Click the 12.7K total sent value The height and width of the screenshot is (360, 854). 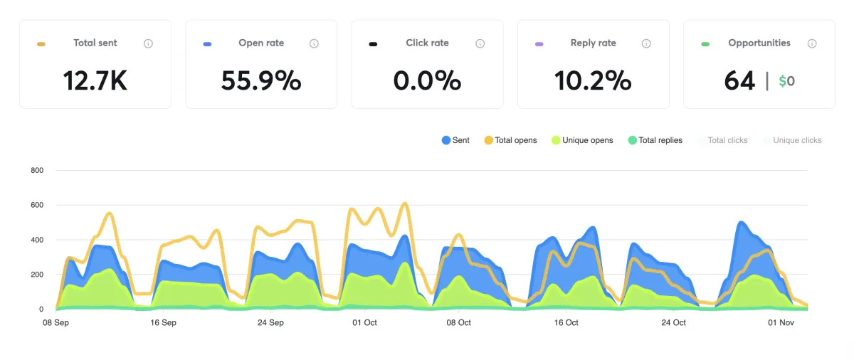pyautogui.click(x=95, y=80)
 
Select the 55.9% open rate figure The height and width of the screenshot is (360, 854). pyautogui.click(x=261, y=80)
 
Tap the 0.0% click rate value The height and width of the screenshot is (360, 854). pyautogui.click(x=427, y=80)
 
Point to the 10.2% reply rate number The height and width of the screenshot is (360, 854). pyautogui.click(x=593, y=80)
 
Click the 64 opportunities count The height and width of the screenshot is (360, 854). pyautogui.click(x=739, y=81)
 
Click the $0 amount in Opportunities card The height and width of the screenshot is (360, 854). pyautogui.click(x=786, y=81)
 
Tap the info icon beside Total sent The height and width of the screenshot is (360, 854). pyautogui.click(x=148, y=43)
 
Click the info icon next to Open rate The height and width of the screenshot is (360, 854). pyautogui.click(x=314, y=43)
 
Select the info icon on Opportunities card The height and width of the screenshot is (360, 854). pyautogui.click(x=812, y=43)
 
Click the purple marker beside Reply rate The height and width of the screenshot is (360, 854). pyautogui.click(x=539, y=44)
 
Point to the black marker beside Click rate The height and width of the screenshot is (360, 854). pyautogui.click(x=373, y=44)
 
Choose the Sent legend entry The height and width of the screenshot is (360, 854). pyautogui.click(x=455, y=140)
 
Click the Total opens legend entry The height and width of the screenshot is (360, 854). pyautogui.click(x=510, y=140)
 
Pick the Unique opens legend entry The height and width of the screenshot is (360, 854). pyautogui.click(x=581, y=140)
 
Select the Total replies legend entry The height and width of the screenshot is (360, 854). pyautogui.click(x=655, y=140)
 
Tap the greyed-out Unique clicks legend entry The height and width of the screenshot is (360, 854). pyautogui.click(x=792, y=140)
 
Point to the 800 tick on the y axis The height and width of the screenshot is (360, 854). pyautogui.click(x=37, y=171)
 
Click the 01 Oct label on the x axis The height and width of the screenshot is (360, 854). pyautogui.click(x=365, y=323)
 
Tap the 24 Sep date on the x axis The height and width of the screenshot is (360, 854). pyautogui.click(x=270, y=323)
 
